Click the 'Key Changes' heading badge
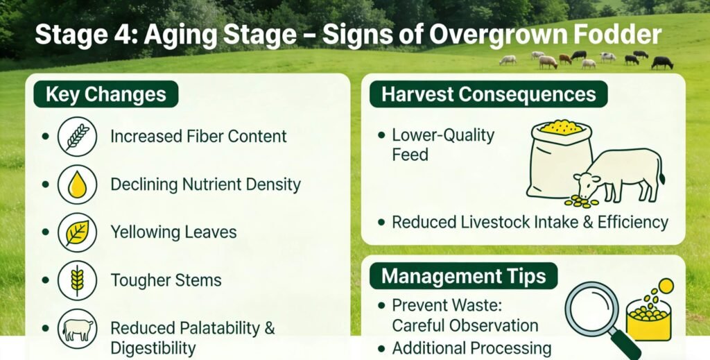[106, 94]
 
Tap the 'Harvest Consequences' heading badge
[489, 94]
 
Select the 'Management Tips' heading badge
[464, 276]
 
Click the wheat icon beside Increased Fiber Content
[77, 137]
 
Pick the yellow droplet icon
[77, 185]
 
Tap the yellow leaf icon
[77, 232]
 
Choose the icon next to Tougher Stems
[77, 280]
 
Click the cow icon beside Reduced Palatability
[77, 328]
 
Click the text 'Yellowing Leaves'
[173, 232]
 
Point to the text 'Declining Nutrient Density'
[205, 185]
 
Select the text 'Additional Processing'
[471, 348]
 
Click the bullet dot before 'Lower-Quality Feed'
[382, 135]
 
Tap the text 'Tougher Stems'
[166, 280]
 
